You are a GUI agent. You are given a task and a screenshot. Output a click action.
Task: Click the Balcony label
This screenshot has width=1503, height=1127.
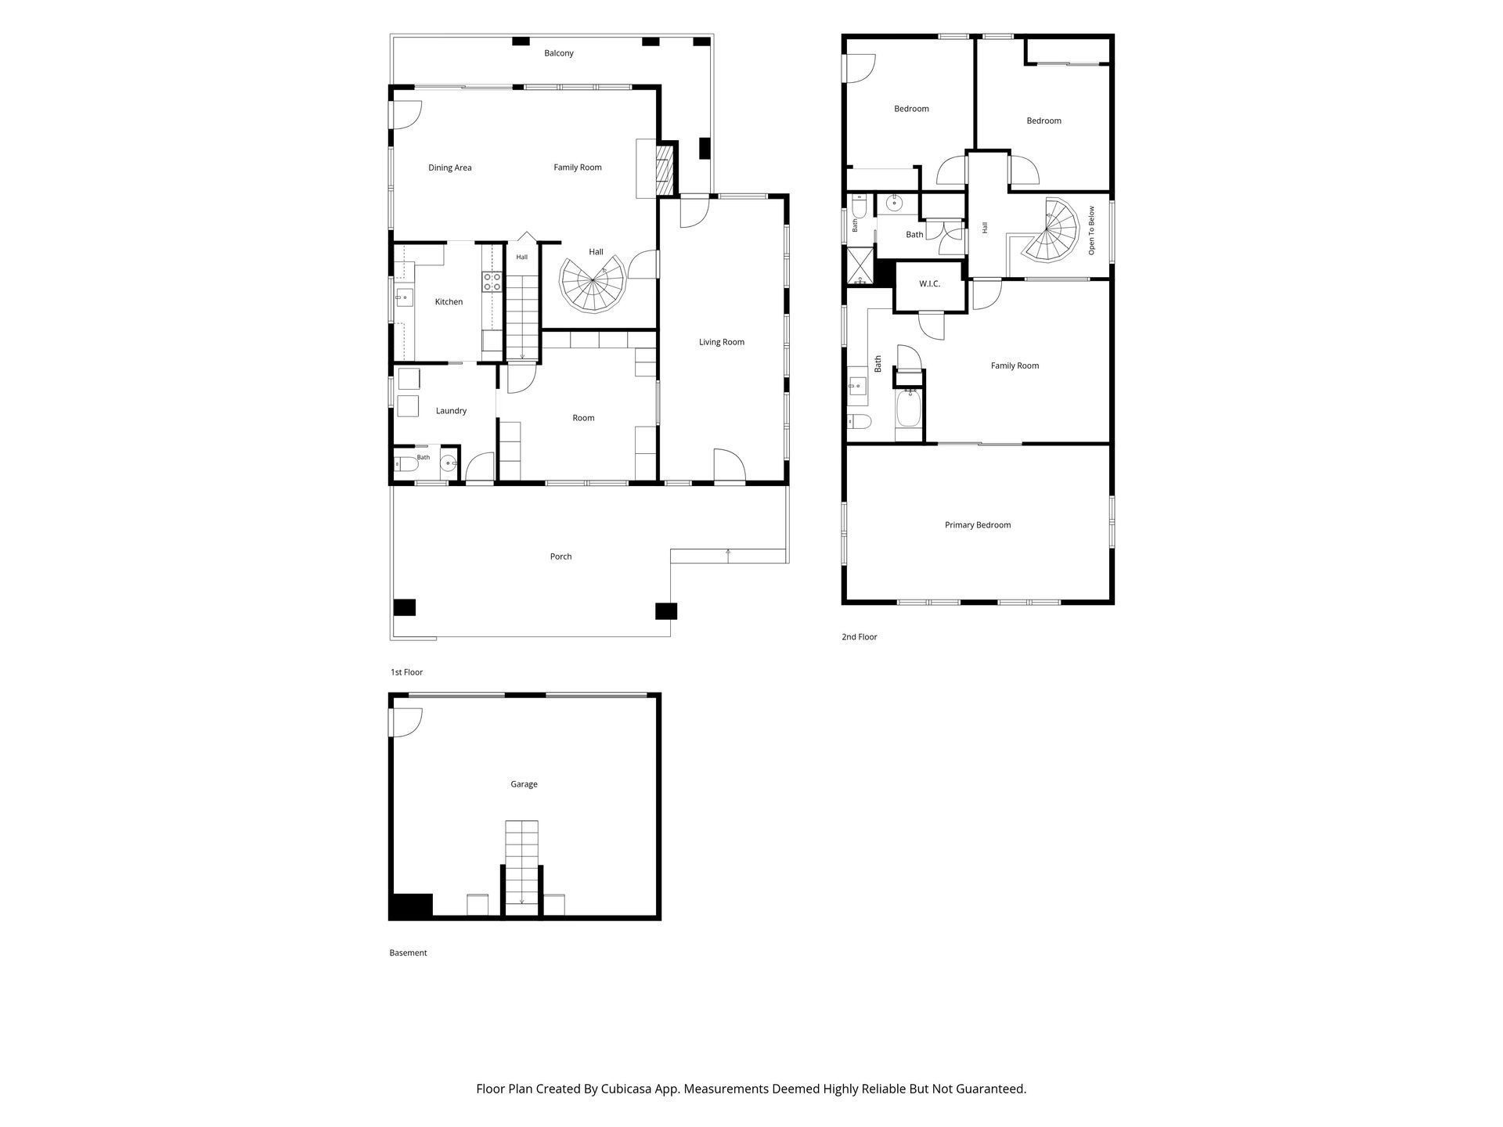[x=559, y=53]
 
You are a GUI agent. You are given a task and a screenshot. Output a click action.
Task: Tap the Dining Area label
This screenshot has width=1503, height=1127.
[x=450, y=167]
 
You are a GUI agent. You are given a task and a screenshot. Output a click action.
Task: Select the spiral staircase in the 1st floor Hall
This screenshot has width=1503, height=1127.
[x=593, y=283]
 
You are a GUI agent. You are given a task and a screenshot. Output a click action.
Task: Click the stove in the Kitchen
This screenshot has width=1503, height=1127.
[x=492, y=282]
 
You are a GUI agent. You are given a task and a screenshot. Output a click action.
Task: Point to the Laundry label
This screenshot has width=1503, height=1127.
[x=451, y=411]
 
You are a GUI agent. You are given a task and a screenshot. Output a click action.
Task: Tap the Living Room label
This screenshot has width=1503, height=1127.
[x=722, y=342]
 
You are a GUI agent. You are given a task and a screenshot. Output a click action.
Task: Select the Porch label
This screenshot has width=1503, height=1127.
[x=560, y=556]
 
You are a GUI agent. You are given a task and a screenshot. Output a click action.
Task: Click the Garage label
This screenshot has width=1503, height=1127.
[x=524, y=784]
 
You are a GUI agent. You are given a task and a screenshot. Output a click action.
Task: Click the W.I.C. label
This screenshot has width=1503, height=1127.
[x=929, y=283]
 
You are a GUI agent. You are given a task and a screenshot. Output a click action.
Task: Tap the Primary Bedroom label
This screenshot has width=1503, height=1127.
[x=978, y=525]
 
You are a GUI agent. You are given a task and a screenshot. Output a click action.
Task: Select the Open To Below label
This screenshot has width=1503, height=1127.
[x=1091, y=230]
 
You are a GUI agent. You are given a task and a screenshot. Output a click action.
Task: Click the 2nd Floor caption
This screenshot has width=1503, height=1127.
[x=860, y=637]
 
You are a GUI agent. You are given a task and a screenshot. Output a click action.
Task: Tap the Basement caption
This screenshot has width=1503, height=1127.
[x=408, y=953]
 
